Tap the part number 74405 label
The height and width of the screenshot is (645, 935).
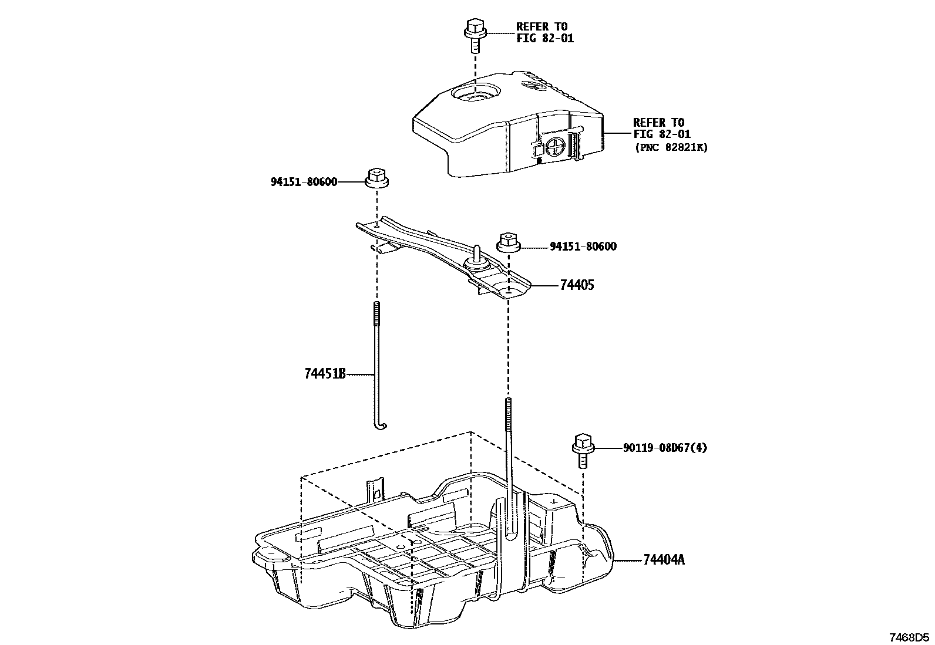[577, 285]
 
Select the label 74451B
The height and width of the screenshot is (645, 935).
[325, 374]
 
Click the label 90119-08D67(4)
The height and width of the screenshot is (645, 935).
[665, 448]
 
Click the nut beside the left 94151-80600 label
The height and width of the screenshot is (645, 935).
[376, 178]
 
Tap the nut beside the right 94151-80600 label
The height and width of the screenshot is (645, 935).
[507, 242]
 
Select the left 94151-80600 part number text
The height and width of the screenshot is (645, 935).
[304, 182]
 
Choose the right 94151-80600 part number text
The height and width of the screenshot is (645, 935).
[583, 247]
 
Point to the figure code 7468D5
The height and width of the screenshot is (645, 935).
[909, 636]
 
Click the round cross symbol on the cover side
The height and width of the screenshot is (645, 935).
[556, 146]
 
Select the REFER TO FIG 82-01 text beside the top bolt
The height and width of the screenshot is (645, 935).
[544, 32]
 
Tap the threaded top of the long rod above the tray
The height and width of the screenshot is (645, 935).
[507, 408]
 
